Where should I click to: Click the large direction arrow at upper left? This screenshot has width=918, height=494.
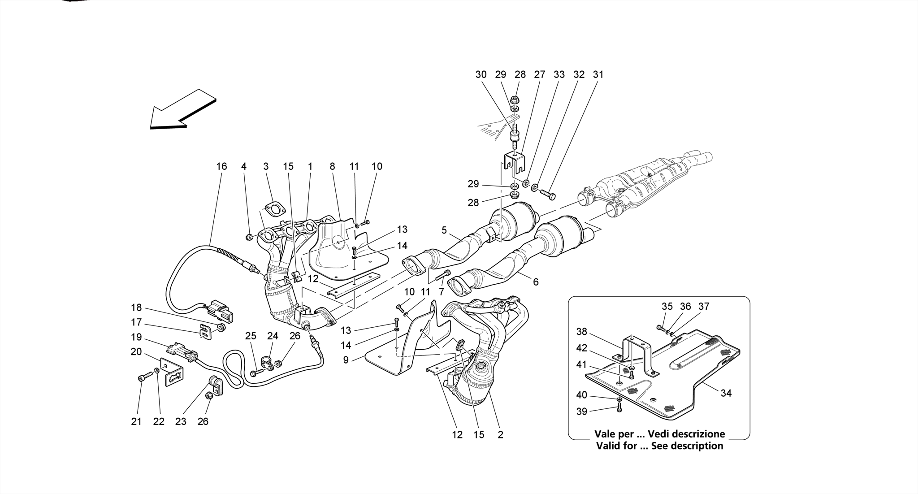[x=182, y=110]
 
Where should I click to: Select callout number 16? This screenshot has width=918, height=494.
[x=221, y=166]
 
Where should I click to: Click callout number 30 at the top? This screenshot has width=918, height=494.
[x=481, y=74]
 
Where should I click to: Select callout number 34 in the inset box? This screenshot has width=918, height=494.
[x=726, y=393]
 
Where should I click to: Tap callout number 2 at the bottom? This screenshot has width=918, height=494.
[x=500, y=434]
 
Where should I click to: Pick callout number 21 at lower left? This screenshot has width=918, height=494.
[x=136, y=421]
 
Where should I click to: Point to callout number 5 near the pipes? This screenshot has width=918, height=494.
[x=444, y=230]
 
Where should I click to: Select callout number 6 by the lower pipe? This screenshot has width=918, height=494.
[x=535, y=282]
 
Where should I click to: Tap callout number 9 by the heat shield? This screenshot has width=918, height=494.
[x=346, y=360]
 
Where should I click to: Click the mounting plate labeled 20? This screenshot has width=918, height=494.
[x=172, y=372]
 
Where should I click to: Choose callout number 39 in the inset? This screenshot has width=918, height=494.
[x=581, y=411]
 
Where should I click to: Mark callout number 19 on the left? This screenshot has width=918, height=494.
[x=136, y=337]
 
